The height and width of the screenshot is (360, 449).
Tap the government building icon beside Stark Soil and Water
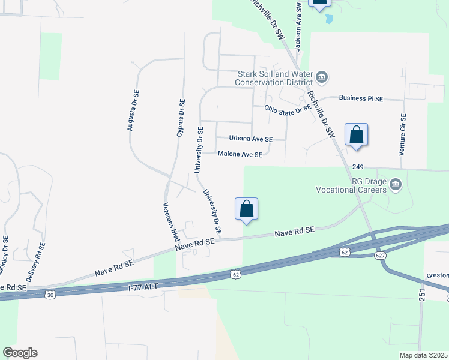[x=322, y=76]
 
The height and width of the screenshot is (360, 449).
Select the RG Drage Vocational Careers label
[x=351, y=185]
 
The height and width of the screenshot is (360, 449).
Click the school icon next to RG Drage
[x=395, y=184]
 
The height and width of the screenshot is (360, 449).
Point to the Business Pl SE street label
[x=361, y=98]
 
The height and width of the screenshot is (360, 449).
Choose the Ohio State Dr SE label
[x=288, y=108]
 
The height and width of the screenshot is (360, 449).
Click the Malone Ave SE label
[x=240, y=154]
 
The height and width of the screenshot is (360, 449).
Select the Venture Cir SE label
[x=403, y=134]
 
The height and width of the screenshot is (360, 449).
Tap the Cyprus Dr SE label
[x=181, y=117]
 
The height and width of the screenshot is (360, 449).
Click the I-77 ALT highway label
[x=143, y=287]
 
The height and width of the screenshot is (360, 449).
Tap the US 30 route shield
[x=50, y=294]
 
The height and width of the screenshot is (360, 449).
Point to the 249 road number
[x=359, y=166]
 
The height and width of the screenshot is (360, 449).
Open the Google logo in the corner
[x=20, y=352]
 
